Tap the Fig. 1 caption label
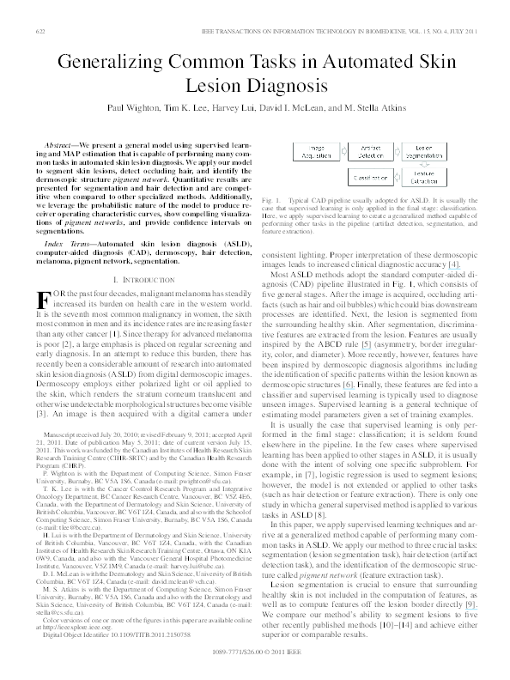click(270, 199)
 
